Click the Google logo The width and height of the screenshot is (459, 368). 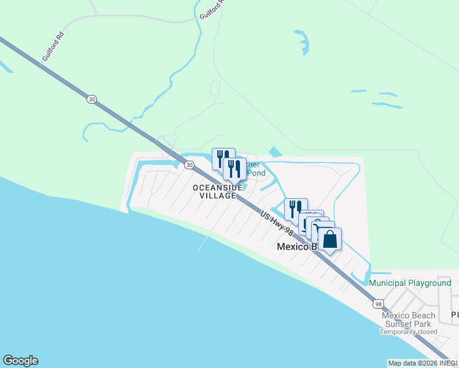click(x=20, y=361)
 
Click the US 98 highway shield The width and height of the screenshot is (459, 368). click(x=379, y=304)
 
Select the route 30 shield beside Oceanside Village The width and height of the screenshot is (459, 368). click(x=190, y=165)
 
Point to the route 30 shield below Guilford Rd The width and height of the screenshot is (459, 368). click(x=91, y=99)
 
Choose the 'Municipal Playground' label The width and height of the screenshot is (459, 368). click(x=410, y=283)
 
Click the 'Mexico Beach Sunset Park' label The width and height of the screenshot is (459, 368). click(x=408, y=320)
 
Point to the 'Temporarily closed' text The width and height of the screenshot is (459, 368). click(x=408, y=332)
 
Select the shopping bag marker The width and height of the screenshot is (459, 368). click(x=330, y=240)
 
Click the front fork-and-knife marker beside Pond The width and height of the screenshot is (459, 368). click(x=234, y=170)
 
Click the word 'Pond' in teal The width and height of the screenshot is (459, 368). click(x=256, y=174)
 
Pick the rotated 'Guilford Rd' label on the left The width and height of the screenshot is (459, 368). click(x=53, y=47)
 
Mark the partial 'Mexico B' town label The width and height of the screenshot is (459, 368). click(x=296, y=247)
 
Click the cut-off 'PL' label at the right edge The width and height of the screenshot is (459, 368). click(x=454, y=315)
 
